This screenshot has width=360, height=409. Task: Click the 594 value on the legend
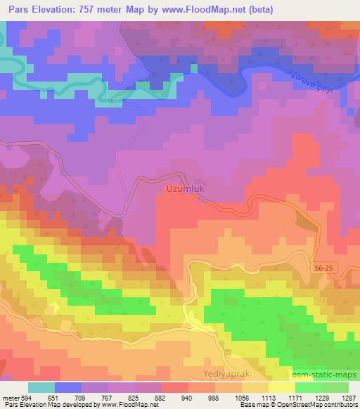pyautogui.click(x=26, y=398)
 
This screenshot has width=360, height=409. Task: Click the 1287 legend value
pyautogui.click(x=349, y=398)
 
